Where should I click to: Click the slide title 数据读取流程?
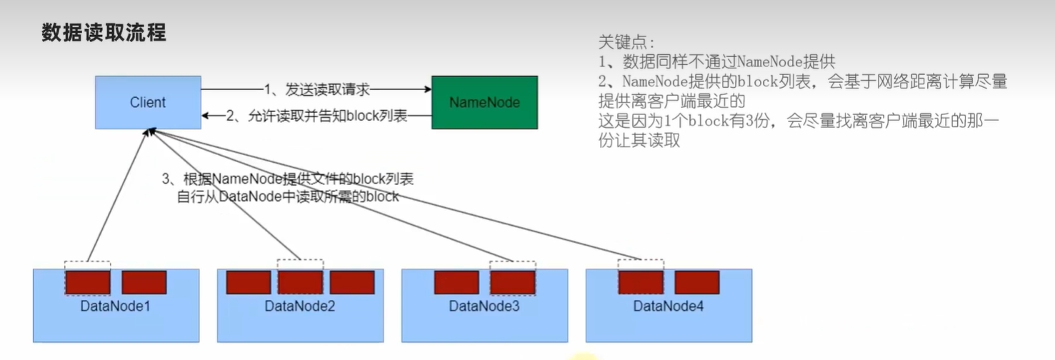[104, 33]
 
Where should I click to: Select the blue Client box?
[148, 103]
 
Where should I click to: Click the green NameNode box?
[484, 103]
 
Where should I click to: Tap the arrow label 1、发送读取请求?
[316, 89]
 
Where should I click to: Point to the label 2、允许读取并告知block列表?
[316, 116]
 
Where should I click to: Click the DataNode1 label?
[116, 307]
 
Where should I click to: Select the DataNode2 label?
[300, 307]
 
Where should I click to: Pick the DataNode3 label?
[484, 307]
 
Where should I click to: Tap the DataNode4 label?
[669, 307]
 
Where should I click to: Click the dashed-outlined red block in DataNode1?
[88, 283]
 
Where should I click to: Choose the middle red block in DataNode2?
[300, 283]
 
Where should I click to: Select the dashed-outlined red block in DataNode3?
[512, 283]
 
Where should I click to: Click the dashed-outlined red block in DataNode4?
[641, 283]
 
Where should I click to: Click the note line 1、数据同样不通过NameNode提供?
[716, 61]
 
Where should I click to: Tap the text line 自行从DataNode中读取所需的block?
[288, 197]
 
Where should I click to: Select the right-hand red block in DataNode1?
[144, 283]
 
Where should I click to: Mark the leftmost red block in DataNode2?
[249, 283]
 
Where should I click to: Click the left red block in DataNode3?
[456, 283]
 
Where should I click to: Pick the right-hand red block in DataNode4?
[696, 283]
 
